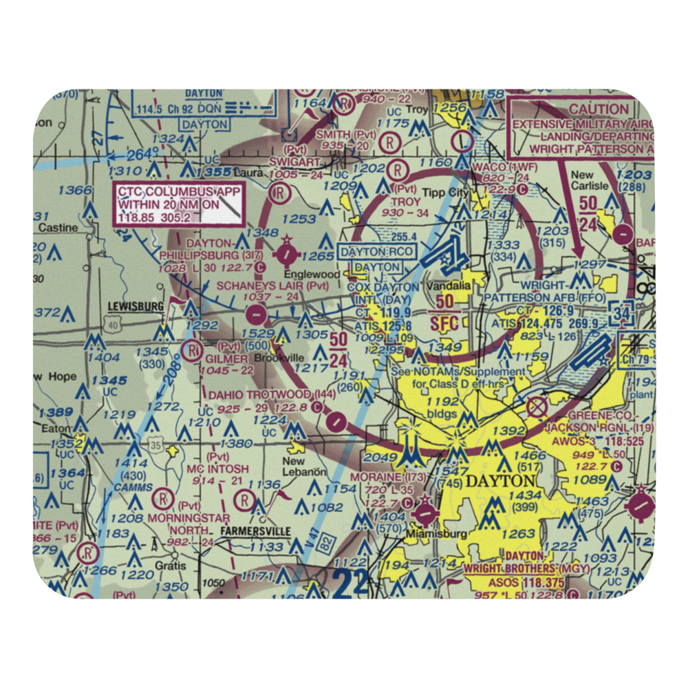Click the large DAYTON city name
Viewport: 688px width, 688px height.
pyautogui.click(x=500, y=481)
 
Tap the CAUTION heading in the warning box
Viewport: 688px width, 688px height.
pyautogui.click(x=599, y=109)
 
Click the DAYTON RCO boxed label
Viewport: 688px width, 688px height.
pyautogui.click(x=378, y=252)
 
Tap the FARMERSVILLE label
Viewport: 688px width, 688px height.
pyautogui.click(x=255, y=531)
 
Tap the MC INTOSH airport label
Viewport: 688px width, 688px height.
pyautogui.click(x=219, y=469)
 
